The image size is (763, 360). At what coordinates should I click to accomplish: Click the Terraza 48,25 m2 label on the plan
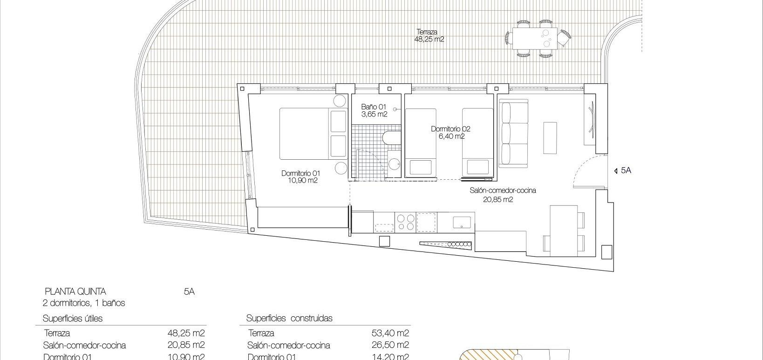point(429,36)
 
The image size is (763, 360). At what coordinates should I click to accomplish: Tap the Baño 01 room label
point(374,110)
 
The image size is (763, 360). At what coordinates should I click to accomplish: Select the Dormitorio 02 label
point(451,133)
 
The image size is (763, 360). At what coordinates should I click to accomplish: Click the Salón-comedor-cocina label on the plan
point(502,195)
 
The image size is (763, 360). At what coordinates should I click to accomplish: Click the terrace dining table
point(535,38)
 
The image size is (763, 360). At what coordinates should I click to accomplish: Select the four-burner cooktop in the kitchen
point(405,221)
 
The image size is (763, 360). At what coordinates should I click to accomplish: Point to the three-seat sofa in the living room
point(513,133)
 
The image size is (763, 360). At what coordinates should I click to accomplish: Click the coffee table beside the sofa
point(550,138)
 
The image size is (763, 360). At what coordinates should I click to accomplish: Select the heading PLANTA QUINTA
point(75,292)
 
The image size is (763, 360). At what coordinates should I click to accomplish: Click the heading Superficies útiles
point(73,319)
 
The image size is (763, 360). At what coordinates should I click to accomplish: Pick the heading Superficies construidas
point(289,319)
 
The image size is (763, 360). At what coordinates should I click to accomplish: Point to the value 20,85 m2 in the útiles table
point(186,345)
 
